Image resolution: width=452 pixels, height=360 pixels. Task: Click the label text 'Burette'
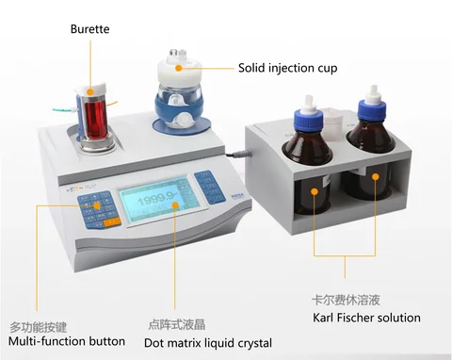(89, 29)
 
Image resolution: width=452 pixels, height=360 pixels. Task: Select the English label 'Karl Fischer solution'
(366, 318)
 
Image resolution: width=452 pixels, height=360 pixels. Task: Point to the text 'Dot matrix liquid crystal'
(209, 343)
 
